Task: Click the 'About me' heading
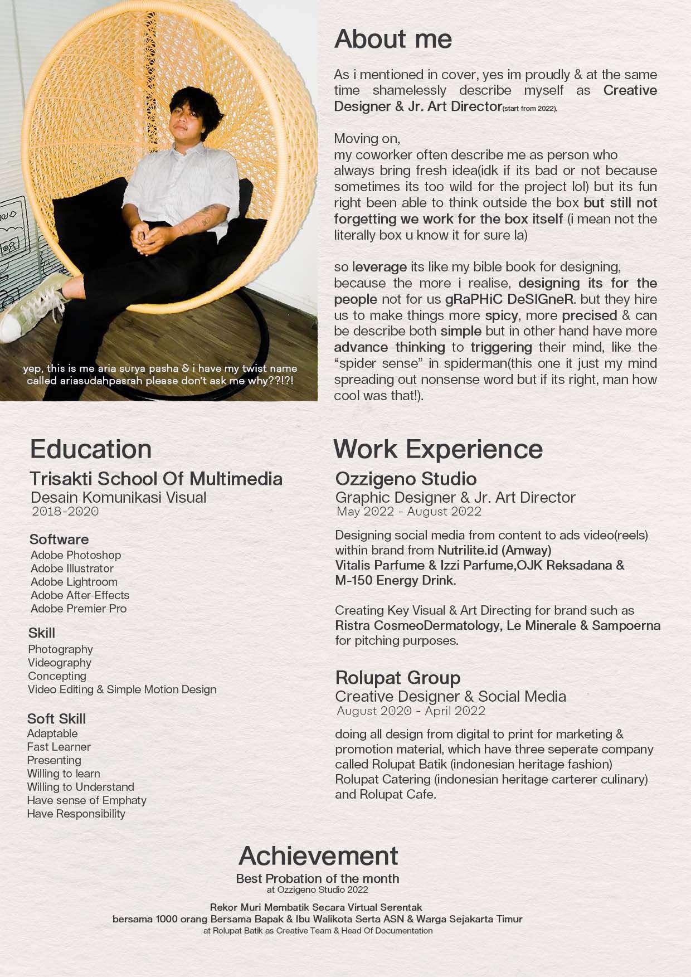[393, 39]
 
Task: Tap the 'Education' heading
[91, 449]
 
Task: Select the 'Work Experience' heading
[437, 449]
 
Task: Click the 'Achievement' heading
[318, 856]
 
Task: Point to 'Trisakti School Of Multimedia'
[156, 479]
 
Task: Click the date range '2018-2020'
[65, 512]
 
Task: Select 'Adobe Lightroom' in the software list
[74, 582]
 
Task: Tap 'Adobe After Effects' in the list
[80, 595]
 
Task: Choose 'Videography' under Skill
[60, 663]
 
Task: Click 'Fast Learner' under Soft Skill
[59, 747]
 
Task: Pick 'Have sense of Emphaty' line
[86, 800]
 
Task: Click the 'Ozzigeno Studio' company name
[406, 479]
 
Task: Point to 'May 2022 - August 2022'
[409, 512]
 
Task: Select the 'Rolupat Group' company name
[398, 678]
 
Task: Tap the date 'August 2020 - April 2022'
[411, 711]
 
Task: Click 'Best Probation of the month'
[318, 879]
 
